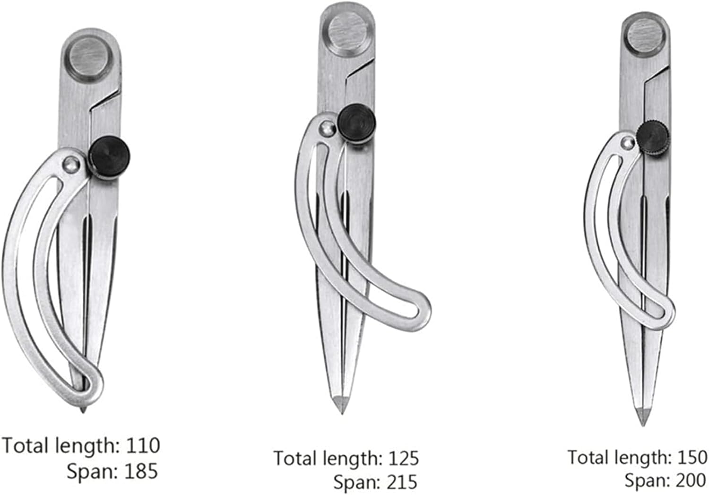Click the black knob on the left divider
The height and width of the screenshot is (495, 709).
coord(110,161)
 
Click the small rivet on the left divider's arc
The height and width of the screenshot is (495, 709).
coord(70,163)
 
